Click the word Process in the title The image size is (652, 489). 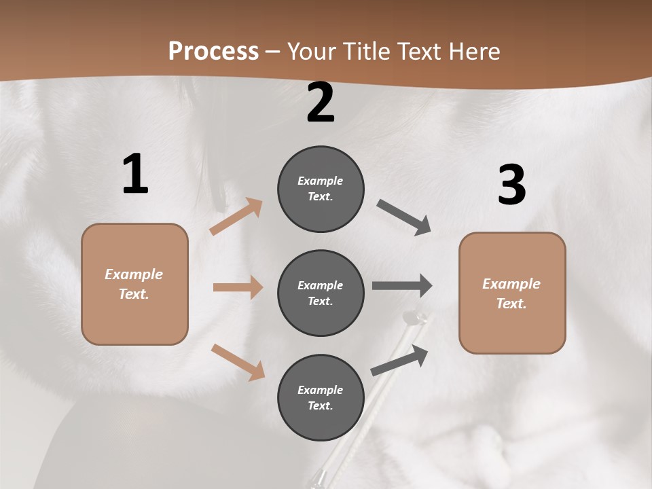point(213,51)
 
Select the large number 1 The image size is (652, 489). point(135,175)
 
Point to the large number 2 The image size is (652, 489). point(321,103)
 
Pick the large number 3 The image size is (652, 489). point(511,185)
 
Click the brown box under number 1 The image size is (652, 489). point(134,284)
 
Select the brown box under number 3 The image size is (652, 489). point(512,293)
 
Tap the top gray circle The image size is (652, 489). point(321,189)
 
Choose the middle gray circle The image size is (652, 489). point(321,293)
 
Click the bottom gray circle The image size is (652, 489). point(321,397)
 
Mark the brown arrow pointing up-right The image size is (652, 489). point(236,217)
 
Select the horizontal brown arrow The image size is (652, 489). point(238,287)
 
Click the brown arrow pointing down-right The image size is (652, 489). point(238,361)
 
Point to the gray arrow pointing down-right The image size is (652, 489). point(404,217)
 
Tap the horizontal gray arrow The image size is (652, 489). point(402,286)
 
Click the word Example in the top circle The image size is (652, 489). point(321,181)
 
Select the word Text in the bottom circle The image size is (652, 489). point(319,405)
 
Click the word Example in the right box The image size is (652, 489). point(511,284)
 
